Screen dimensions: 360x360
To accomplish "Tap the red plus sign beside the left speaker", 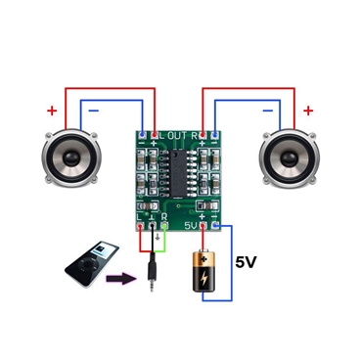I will [51, 111].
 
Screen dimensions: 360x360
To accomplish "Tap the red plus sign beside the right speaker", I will [308, 111].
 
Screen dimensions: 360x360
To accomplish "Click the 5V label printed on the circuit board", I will [192, 225].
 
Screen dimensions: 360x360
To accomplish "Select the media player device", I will [82, 265].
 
